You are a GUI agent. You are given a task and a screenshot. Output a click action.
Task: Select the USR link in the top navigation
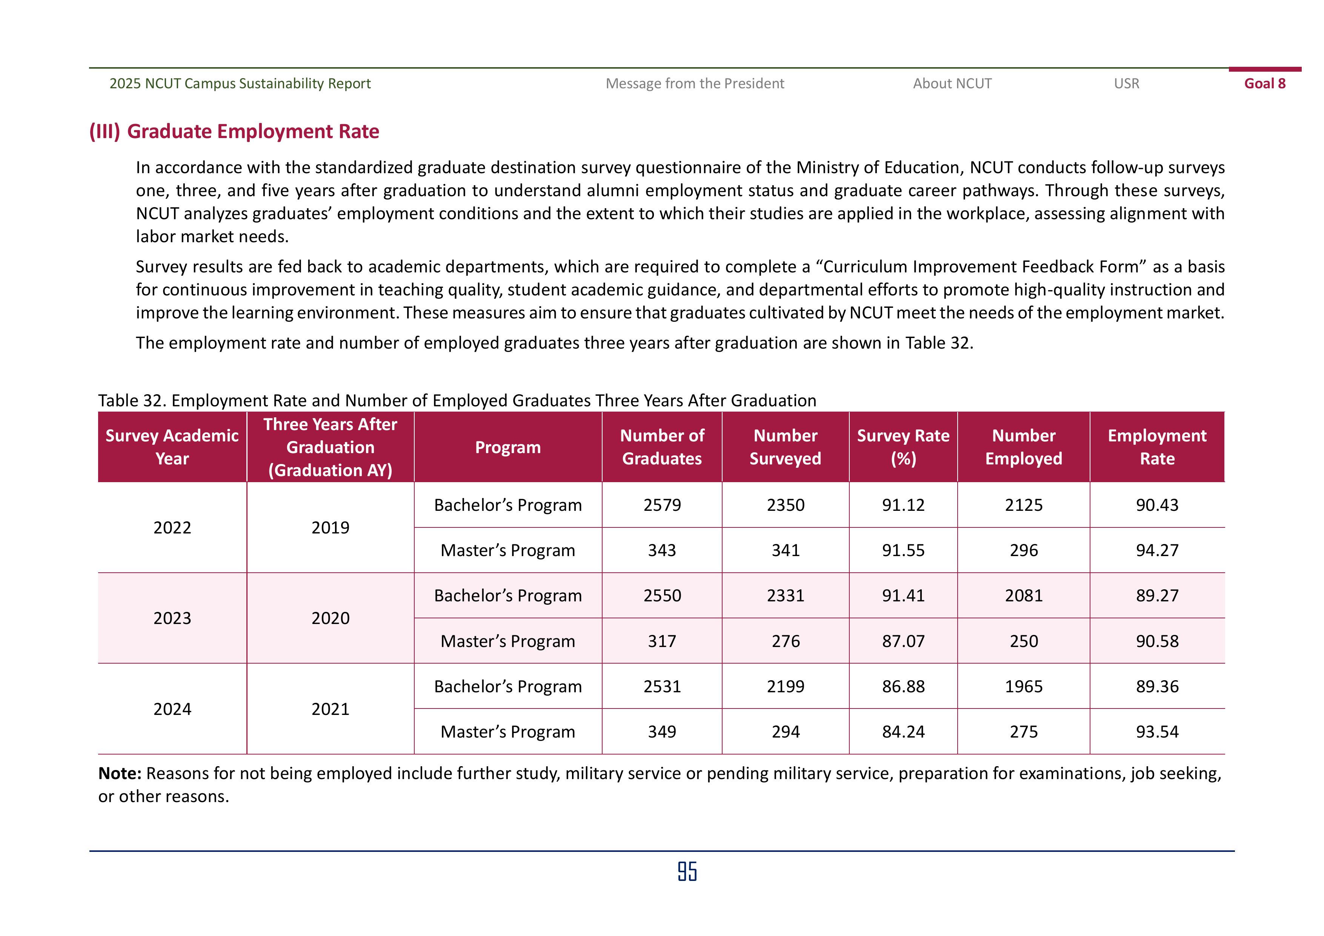[x=1126, y=84]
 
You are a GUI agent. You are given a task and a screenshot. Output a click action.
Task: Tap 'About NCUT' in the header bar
[x=952, y=84]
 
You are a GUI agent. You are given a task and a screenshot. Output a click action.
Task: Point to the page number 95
[x=687, y=871]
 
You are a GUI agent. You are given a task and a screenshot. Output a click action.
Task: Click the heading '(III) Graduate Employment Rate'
[x=234, y=132]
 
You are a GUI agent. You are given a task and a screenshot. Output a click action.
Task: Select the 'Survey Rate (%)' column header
[x=903, y=447]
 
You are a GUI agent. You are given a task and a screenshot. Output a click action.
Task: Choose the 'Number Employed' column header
[x=1024, y=447]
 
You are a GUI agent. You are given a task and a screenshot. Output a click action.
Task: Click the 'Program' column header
[x=507, y=447]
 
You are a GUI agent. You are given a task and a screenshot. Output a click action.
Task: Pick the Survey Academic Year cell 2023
[x=172, y=618]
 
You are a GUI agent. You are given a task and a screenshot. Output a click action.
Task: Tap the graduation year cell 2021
[x=331, y=709]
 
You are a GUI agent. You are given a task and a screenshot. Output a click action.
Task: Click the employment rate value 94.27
[x=1157, y=550]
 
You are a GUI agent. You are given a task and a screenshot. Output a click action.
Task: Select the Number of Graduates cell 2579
[x=662, y=505]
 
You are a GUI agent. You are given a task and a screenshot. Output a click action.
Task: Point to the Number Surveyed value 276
[x=786, y=641]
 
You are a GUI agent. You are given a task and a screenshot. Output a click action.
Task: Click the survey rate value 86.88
[x=903, y=686]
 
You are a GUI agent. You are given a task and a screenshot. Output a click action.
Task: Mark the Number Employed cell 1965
[x=1024, y=686]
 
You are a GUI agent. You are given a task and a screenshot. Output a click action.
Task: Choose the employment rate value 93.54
[x=1157, y=732]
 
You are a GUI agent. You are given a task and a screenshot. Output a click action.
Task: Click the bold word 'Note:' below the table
[x=120, y=773]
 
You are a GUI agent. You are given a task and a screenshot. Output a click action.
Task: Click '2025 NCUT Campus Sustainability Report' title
[x=240, y=84]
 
